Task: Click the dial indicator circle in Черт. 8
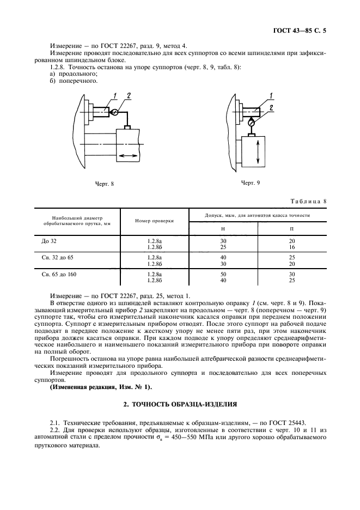point(116,112)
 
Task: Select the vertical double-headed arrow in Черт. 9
point(258,152)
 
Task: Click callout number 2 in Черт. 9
point(271,107)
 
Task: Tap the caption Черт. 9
point(251,183)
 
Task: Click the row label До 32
point(49,240)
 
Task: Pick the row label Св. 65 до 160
point(59,275)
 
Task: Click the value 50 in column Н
point(223,275)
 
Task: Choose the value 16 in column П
point(292,246)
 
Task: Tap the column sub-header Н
point(223,228)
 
